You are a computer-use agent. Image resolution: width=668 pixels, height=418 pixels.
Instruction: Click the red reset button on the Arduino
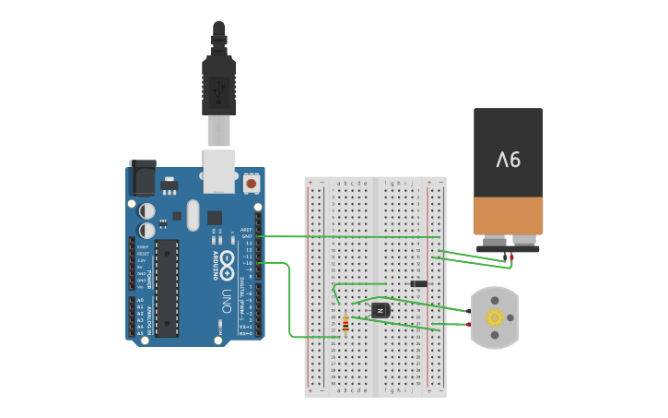tap(251, 184)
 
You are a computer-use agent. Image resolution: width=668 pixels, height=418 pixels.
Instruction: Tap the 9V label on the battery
tap(509, 160)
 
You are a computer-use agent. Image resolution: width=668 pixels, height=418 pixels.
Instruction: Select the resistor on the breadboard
tap(346, 324)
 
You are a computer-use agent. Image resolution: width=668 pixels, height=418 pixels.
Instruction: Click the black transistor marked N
tap(380, 310)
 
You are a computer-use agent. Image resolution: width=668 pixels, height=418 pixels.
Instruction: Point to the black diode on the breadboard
tap(418, 283)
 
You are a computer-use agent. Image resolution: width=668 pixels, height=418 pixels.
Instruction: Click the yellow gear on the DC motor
tap(495, 318)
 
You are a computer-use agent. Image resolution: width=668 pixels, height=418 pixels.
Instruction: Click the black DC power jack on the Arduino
tap(143, 177)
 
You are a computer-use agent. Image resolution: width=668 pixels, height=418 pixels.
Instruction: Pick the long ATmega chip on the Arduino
tap(167, 286)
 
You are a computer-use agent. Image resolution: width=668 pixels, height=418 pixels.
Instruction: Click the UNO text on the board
tap(227, 300)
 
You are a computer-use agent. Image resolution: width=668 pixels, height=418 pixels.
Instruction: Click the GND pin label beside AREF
tap(246, 236)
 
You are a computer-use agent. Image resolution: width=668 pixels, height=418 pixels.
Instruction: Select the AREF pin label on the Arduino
tap(246, 230)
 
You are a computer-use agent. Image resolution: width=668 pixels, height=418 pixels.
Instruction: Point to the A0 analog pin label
tap(140, 301)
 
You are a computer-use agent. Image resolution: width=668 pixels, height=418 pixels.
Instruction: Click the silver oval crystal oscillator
tap(192, 215)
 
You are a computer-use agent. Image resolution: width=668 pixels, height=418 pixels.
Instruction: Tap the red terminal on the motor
tap(469, 324)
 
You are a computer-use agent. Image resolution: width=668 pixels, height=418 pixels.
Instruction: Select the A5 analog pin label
tap(140, 333)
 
